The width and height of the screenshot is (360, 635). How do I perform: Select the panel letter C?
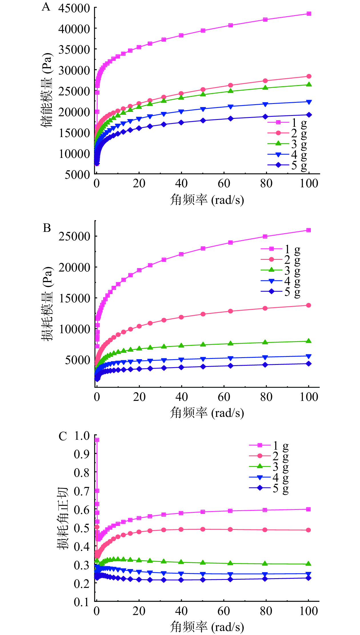63,437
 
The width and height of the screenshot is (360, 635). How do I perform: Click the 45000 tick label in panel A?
74,8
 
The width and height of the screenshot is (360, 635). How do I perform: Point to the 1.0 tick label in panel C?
82,436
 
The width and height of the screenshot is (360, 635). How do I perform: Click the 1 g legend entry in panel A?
287,122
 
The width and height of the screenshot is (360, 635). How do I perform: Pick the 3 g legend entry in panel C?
269,467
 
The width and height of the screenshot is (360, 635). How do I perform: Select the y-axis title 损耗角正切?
62,518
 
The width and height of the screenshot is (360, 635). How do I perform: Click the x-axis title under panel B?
207,413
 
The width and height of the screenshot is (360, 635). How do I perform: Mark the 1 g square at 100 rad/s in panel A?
309,14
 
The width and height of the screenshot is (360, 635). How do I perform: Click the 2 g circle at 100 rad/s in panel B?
309,305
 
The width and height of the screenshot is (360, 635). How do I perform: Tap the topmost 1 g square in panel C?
97,440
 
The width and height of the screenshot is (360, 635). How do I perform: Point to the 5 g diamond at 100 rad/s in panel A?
309,115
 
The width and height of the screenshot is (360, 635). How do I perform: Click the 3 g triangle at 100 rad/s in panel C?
309,564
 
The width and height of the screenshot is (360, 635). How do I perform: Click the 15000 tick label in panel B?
74,298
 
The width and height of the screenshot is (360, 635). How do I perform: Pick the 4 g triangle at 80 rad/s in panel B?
265,357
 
